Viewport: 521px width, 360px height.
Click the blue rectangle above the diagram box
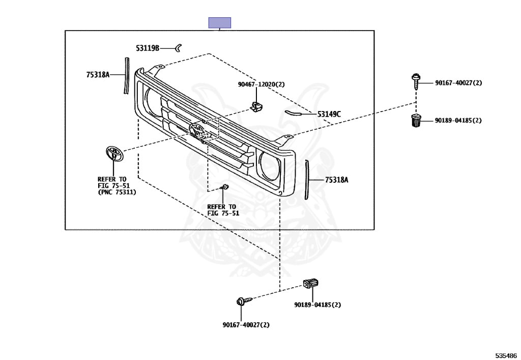click(220, 22)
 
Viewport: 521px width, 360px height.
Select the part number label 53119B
click(148, 48)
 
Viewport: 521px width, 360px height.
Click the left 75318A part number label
click(98, 75)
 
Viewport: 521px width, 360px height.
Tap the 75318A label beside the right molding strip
click(337, 180)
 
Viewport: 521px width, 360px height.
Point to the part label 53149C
click(329, 115)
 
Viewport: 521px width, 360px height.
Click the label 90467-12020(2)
click(261, 85)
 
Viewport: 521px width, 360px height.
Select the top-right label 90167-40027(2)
click(458, 83)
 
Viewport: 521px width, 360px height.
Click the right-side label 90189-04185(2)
click(458, 120)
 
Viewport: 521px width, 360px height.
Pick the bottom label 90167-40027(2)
click(246, 325)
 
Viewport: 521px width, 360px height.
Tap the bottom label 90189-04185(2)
click(317, 304)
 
